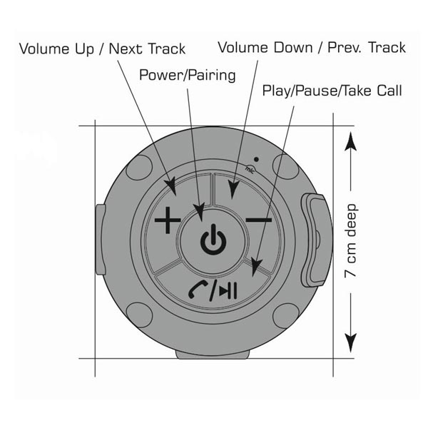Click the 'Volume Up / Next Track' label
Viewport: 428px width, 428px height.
click(x=102, y=49)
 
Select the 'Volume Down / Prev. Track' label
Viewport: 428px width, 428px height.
click(x=312, y=48)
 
